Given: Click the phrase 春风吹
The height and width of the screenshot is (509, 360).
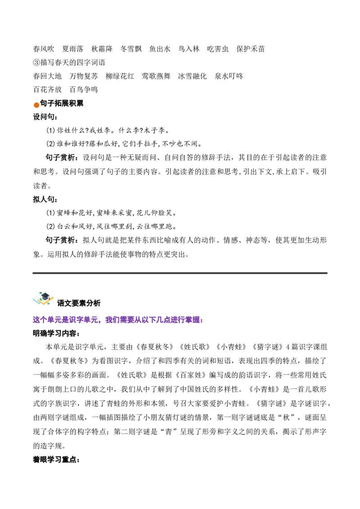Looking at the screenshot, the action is click(44, 49).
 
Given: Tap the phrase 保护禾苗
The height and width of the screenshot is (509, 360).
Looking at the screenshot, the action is click(251, 49).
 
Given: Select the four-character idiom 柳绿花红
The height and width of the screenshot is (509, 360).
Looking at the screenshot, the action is click(120, 76).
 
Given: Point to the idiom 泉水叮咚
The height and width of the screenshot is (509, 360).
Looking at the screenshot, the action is click(229, 76).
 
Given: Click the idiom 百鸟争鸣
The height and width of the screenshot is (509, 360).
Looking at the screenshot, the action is click(84, 89).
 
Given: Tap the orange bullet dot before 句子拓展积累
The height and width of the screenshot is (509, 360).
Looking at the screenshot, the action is click(36, 105).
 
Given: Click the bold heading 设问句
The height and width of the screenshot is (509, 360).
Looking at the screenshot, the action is click(45, 117).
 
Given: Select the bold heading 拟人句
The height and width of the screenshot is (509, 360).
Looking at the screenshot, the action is click(45, 199).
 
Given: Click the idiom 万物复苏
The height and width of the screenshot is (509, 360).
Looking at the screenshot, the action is click(84, 76).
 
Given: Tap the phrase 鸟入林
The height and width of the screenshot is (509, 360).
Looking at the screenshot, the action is click(189, 49).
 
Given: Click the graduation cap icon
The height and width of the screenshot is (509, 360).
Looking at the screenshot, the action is click(43, 298).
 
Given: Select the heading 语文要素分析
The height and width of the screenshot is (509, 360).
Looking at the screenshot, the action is click(79, 303).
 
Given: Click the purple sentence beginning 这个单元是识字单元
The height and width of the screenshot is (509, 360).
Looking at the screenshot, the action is click(118, 320).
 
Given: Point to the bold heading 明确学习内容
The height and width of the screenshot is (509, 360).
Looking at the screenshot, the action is click(56, 333).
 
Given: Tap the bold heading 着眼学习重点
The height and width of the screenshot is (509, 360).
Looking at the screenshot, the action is click(56, 460).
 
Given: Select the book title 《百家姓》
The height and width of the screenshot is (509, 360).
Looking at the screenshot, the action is click(191, 375).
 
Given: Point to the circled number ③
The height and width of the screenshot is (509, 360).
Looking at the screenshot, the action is click(36, 63).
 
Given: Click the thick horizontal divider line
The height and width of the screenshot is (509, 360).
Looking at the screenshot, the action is click(180, 273).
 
